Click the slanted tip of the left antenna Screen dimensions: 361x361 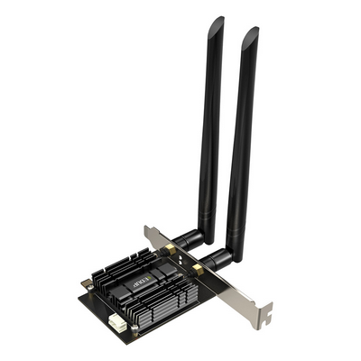pyautogui.click(x=216, y=24)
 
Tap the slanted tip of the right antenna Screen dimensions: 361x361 pyautogui.click(x=249, y=36)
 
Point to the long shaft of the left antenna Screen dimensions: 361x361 pyautogui.click(x=211, y=126)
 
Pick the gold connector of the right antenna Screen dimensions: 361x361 pyautogui.click(x=198, y=268)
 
